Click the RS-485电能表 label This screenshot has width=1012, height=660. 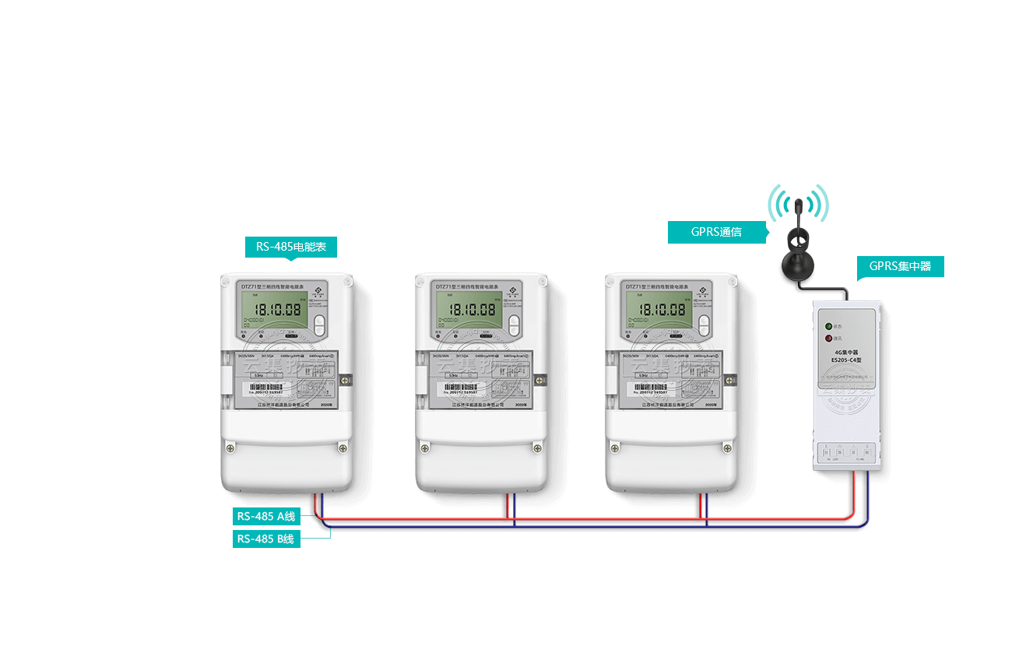click(x=291, y=247)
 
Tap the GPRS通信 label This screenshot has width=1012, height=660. click(x=717, y=232)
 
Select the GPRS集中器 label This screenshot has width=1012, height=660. click(x=901, y=266)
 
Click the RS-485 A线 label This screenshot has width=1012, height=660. click(x=266, y=516)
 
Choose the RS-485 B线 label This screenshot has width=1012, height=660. click(x=266, y=539)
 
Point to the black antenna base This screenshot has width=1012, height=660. click(x=798, y=263)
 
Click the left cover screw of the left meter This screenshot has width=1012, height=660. click(x=230, y=447)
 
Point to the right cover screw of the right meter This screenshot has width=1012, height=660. click(x=727, y=447)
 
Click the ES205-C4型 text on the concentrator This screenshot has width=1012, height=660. click(x=846, y=360)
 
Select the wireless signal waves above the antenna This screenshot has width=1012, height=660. click(x=798, y=201)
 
